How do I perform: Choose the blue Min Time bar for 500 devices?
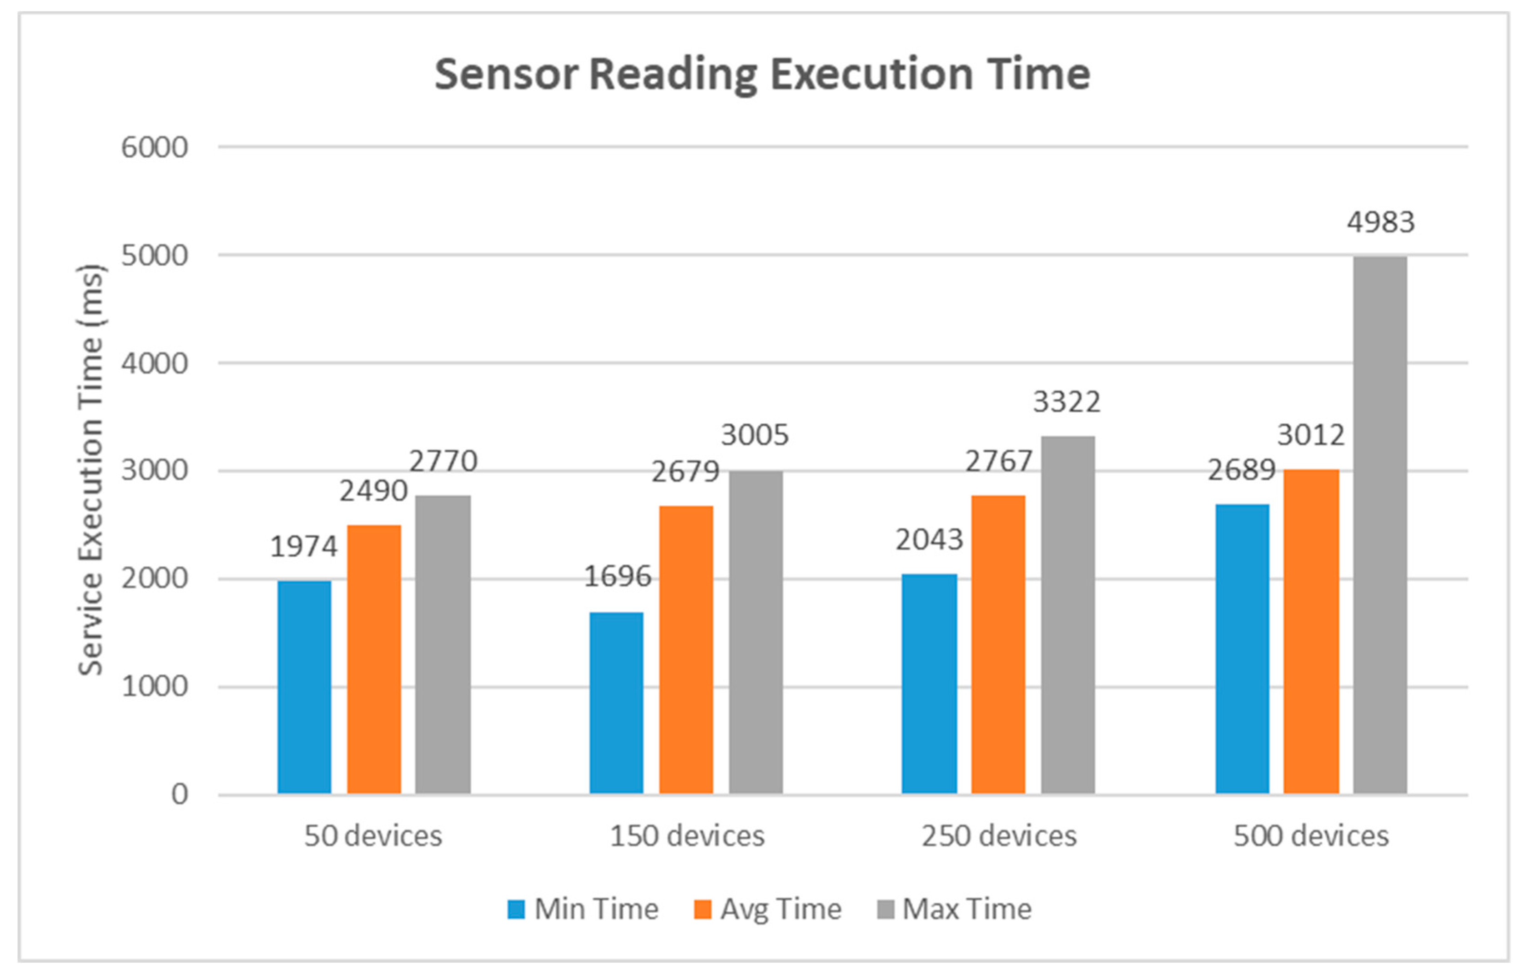point(1242,649)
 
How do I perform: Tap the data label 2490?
point(373,491)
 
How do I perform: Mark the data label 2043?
point(929,540)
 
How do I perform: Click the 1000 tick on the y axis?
point(154,687)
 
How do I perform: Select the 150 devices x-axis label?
point(687,836)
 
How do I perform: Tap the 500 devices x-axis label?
point(1311,836)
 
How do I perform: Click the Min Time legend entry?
point(583,909)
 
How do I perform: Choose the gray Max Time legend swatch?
point(885,909)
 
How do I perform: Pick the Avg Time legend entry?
point(768,909)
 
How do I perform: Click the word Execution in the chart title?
point(871,75)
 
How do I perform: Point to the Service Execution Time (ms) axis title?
point(91,470)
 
